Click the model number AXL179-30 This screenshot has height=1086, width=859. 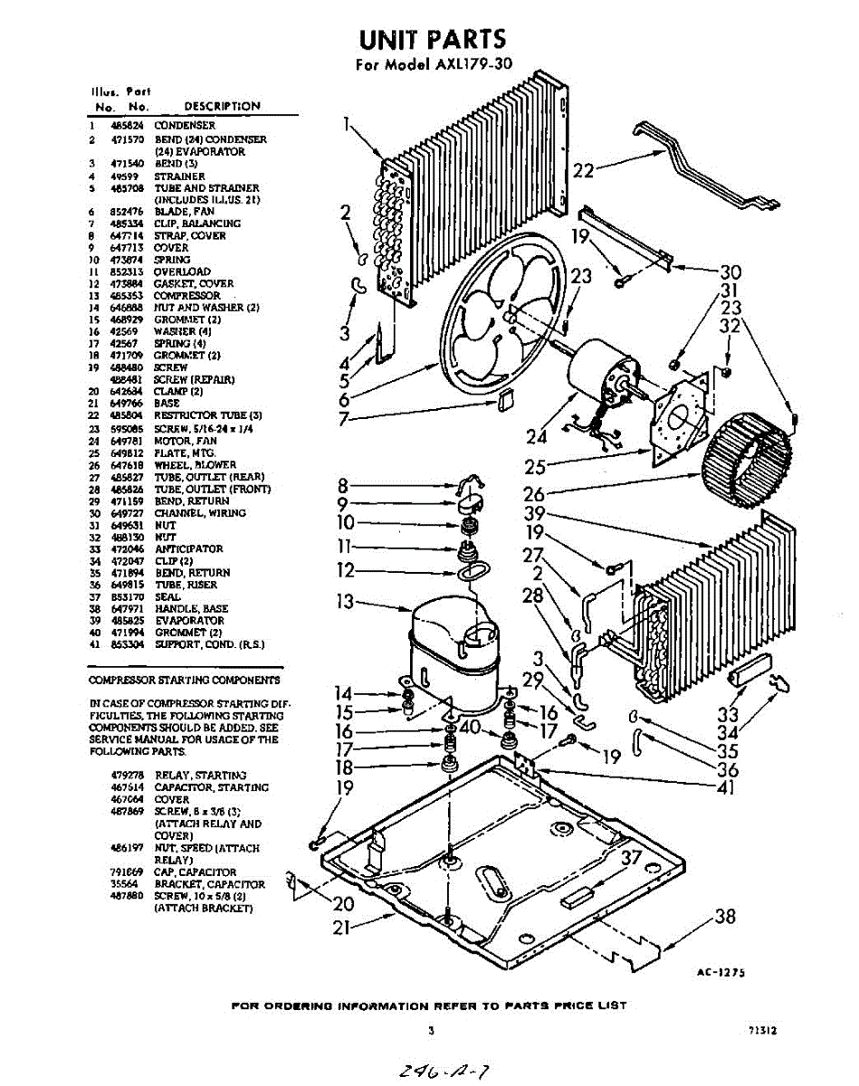pyautogui.click(x=462, y=65)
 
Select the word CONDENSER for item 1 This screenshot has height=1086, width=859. pyautogui.click(x=185, y=126)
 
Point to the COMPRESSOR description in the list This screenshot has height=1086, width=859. pyautogui.click(x=186, y=296)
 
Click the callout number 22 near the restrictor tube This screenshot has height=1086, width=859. pyautogui.click(x=584, y=168)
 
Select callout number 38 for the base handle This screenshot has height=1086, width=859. pyautogui.click(x=725, y=916)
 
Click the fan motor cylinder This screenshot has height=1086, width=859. pyautogui.click(x=597, y=371)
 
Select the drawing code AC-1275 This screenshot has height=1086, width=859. pyautogui.click(x=721, y=972)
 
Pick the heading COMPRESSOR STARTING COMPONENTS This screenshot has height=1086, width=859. pyautogui.click(x=185, y=680)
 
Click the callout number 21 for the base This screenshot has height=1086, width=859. pyautogui.click(x=345, y=928)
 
